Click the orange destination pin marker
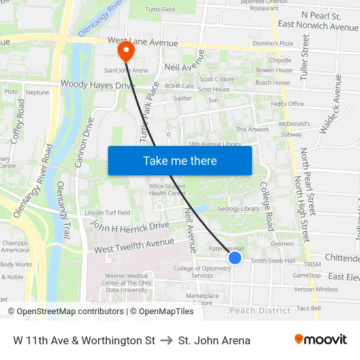tap(124, 50)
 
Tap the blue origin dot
tap(235, 259)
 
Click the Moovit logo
tap(320, 340)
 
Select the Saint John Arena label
tap(126, 70)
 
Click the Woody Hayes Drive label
tap(88, 84)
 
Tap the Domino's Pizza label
tap(272, 43)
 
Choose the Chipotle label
tap(280, 60)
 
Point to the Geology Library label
tap(238, 209)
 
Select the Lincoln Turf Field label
tap(107, 213)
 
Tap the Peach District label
tap(260, 310)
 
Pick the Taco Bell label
tap(308, 308)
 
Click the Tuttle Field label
tap(160, 10)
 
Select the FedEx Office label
tap(287, 104)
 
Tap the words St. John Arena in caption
tap(214, 340)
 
